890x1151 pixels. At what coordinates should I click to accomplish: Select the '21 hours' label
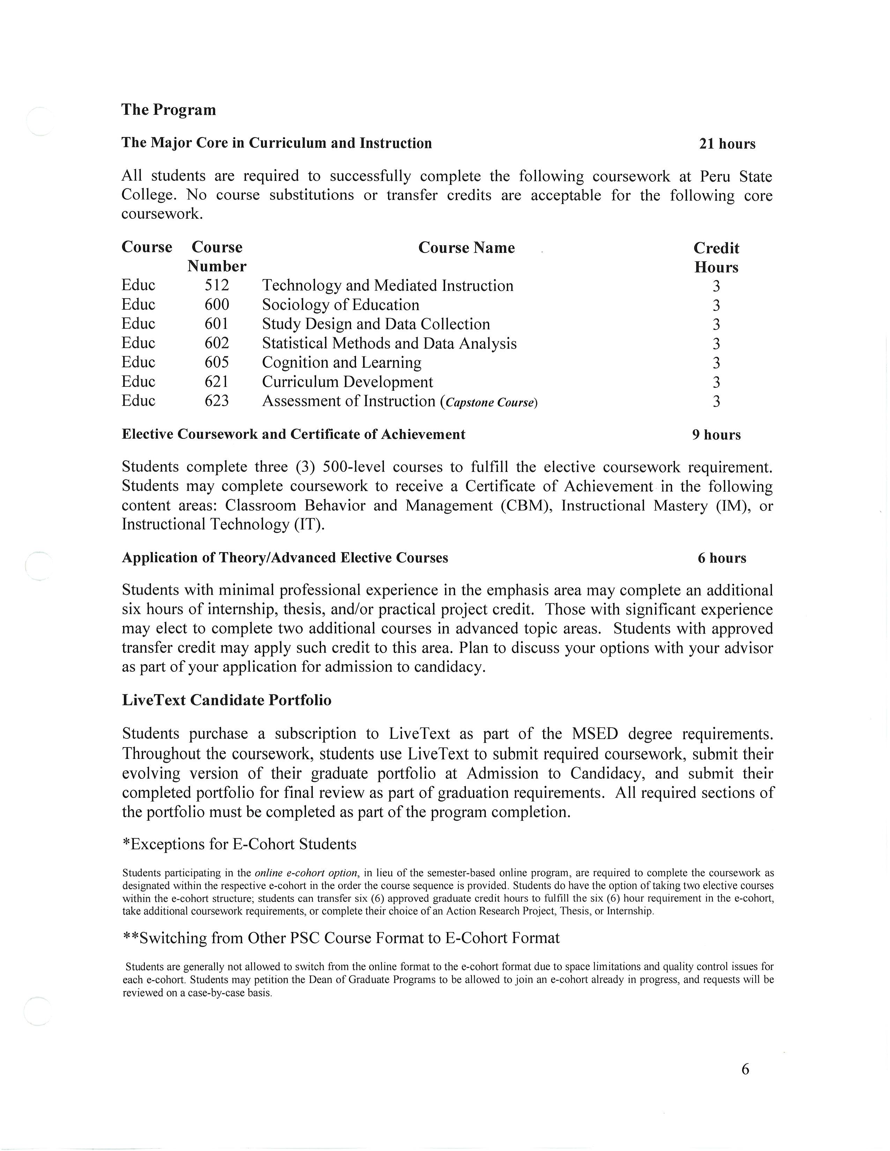tap(727, 144)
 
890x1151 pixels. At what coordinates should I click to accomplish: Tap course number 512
tap(217, 286)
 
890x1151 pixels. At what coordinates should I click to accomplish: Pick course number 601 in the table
tap(217, 324)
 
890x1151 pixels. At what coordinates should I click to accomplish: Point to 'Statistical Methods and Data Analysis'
tap(389, 343)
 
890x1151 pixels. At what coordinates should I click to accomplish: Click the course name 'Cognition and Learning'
tap(342, 363)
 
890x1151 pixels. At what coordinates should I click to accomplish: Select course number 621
tap(217, 382)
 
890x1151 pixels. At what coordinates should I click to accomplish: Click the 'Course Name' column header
tap(466, 248)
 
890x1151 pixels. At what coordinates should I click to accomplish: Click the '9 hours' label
tap(716, 435)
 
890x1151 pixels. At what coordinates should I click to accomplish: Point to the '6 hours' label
tap(722, 558)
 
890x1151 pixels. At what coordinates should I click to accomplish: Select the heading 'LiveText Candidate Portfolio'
tap(227, 700)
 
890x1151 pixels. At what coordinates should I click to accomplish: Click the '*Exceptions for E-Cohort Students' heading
tap(239, 844)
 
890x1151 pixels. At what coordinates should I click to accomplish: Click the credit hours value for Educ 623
tap(716, 401)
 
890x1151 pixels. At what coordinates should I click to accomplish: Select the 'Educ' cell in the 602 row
tap(138, 343)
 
